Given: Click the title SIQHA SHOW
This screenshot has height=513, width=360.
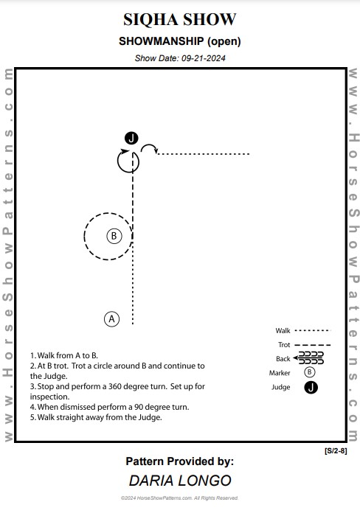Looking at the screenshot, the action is (179, 20).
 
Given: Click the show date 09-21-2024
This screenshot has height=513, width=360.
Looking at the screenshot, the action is (204, 58).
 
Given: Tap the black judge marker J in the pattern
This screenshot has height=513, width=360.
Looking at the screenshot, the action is (131, 138).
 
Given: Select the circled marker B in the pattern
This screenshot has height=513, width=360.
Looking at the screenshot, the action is (114, 236).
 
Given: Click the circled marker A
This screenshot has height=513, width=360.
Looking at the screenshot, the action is (111, 319).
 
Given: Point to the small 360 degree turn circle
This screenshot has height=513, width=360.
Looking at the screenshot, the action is (117, 161).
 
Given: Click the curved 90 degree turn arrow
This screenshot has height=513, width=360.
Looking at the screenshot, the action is (149, 145).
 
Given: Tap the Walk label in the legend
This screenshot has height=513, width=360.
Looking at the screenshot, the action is (283, 331).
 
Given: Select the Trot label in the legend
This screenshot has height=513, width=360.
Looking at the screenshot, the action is (284, 345).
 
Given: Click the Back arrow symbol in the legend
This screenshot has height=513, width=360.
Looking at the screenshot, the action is (308, 358).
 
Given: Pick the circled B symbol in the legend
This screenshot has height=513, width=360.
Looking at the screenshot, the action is (309, 372).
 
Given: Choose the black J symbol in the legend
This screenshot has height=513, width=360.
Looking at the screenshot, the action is (311, 388).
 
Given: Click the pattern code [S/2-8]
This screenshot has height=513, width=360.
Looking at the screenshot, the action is (336, 451).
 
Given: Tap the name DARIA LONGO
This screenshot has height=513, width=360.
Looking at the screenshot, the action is (180, 481).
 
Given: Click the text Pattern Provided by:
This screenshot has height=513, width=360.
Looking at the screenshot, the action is (180, 461).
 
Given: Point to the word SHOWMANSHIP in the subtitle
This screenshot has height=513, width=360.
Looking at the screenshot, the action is (161, 41).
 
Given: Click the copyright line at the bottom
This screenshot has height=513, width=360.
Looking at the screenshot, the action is (179, 498).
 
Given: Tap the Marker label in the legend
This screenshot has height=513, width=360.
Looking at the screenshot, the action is (280, 373).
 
